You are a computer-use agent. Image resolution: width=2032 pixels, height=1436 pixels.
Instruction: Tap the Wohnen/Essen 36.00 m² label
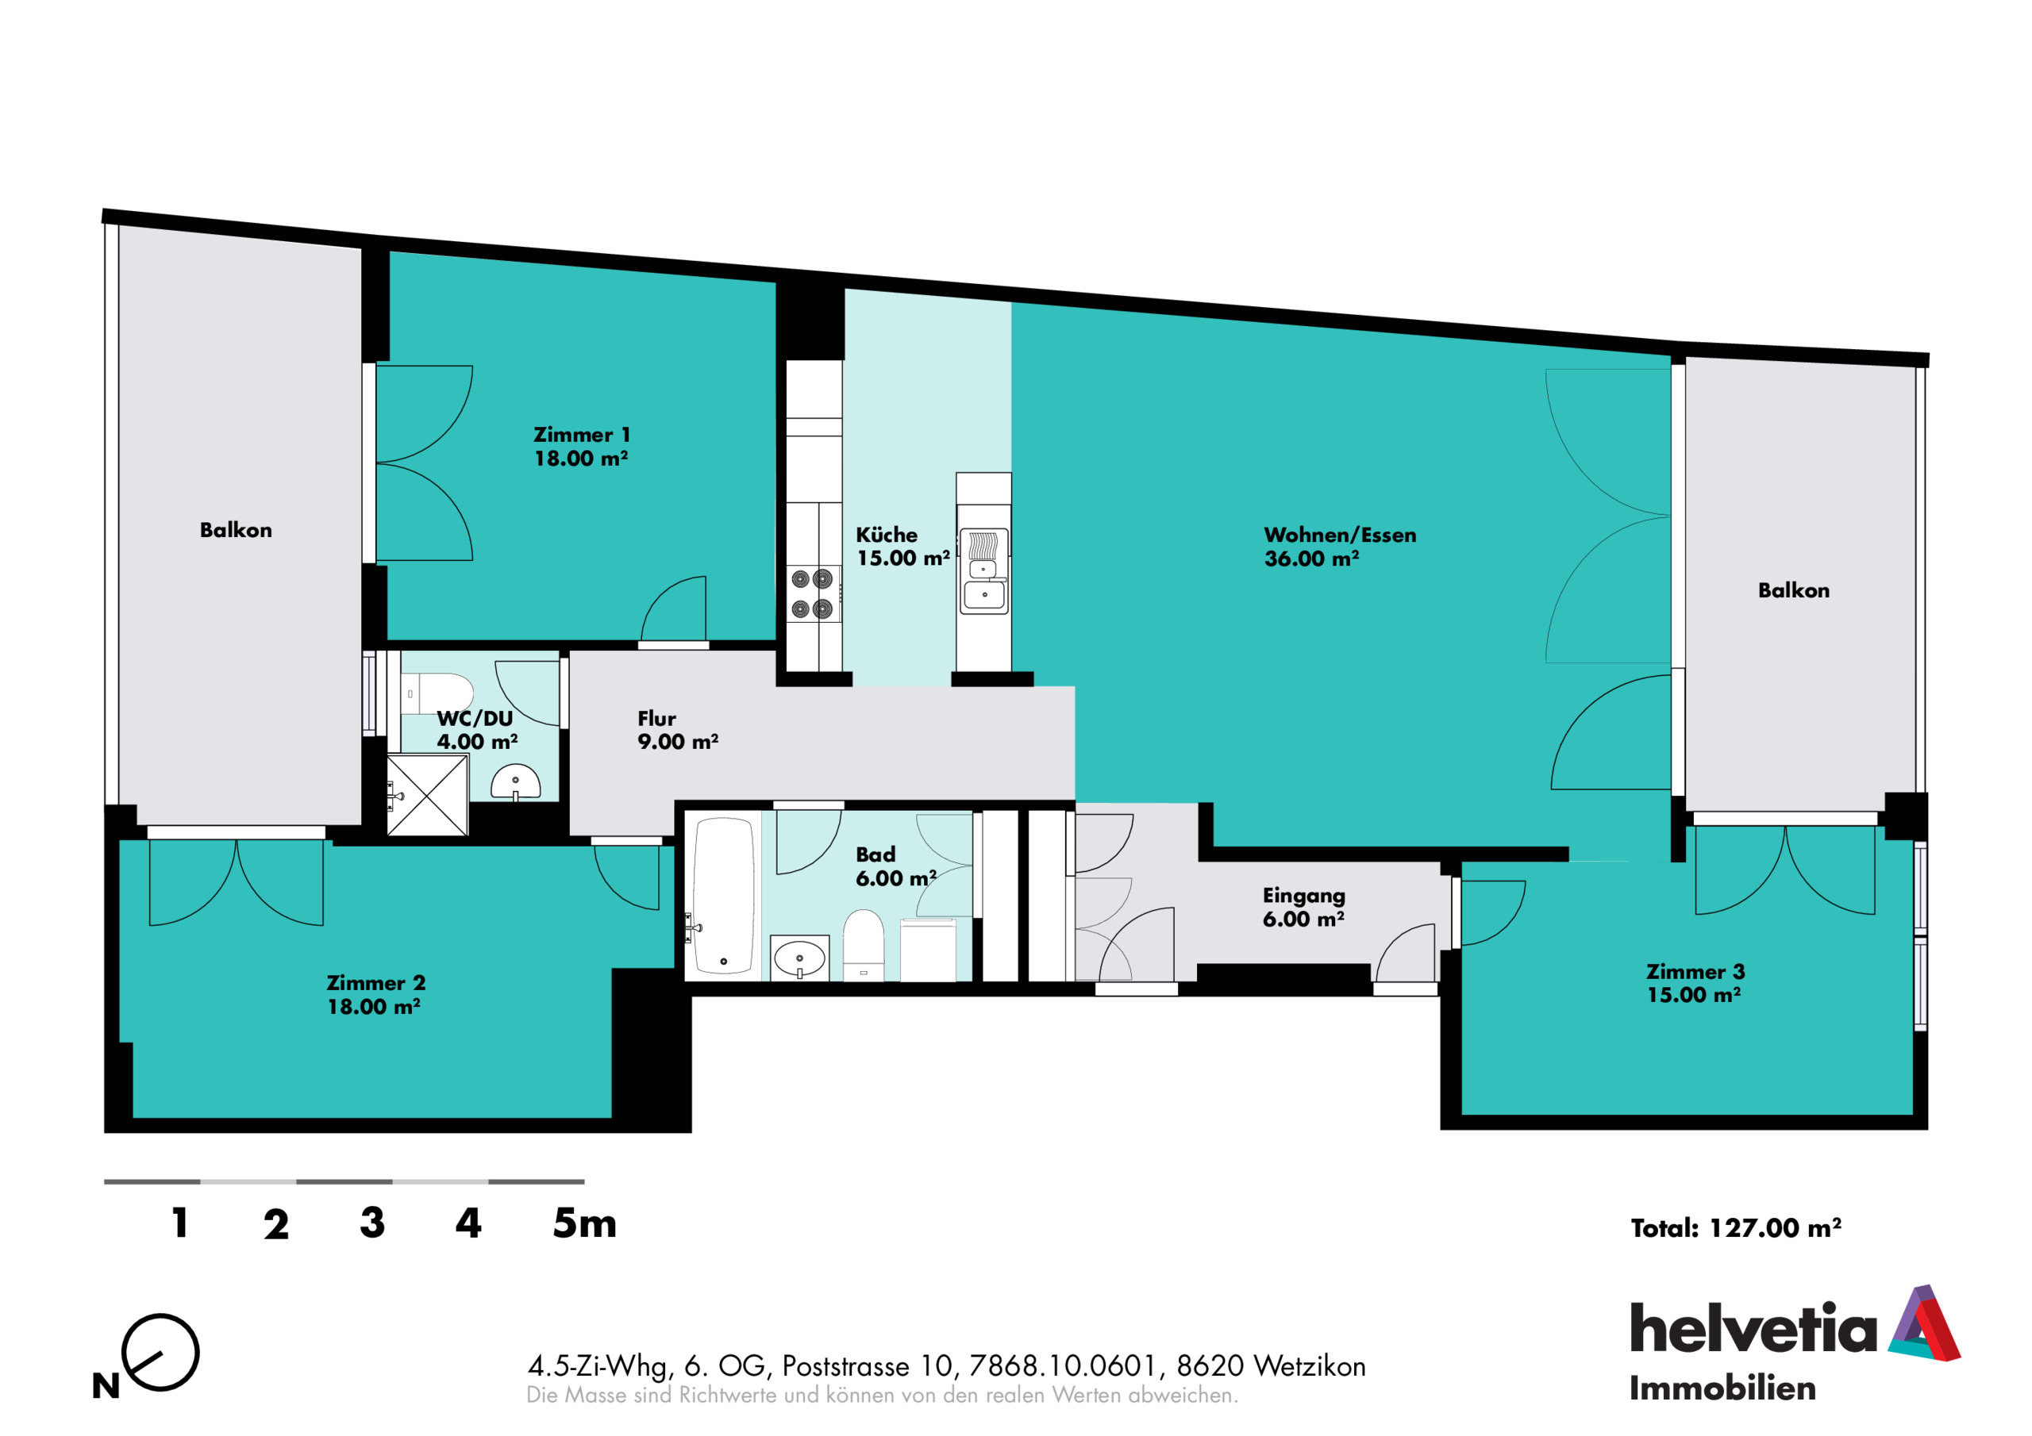click(x=1340, y=547)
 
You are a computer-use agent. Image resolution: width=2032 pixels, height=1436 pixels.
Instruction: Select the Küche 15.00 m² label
click(x=902, y=547)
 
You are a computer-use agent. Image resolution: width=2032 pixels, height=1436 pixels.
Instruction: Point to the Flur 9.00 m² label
click(x=677, y=730)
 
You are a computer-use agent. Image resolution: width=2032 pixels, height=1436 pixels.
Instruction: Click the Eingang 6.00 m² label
click(x=1303, y=907)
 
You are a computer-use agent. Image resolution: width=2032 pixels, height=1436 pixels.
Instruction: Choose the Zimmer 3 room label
click(x=1695, y=983)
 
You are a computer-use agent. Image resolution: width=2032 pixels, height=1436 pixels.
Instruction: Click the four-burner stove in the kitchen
click(x=811, y=593)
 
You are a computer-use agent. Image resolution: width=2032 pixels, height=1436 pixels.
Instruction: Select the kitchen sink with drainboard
click(x=984, y=570)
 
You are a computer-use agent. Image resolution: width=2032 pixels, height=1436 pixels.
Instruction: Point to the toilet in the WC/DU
click(x=437, y=693)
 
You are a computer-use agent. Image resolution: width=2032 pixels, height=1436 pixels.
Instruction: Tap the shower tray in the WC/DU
click(x=428, y=794)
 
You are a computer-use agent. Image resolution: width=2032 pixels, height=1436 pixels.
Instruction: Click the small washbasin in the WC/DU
click(x=516, y=782)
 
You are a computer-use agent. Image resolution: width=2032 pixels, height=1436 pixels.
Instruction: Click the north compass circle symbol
click(x=160, y=1352)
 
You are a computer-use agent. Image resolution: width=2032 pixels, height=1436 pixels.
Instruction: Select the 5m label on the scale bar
click(x=584, y=1223)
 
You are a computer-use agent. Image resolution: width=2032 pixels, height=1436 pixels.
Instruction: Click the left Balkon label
click(x=236, y=530)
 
